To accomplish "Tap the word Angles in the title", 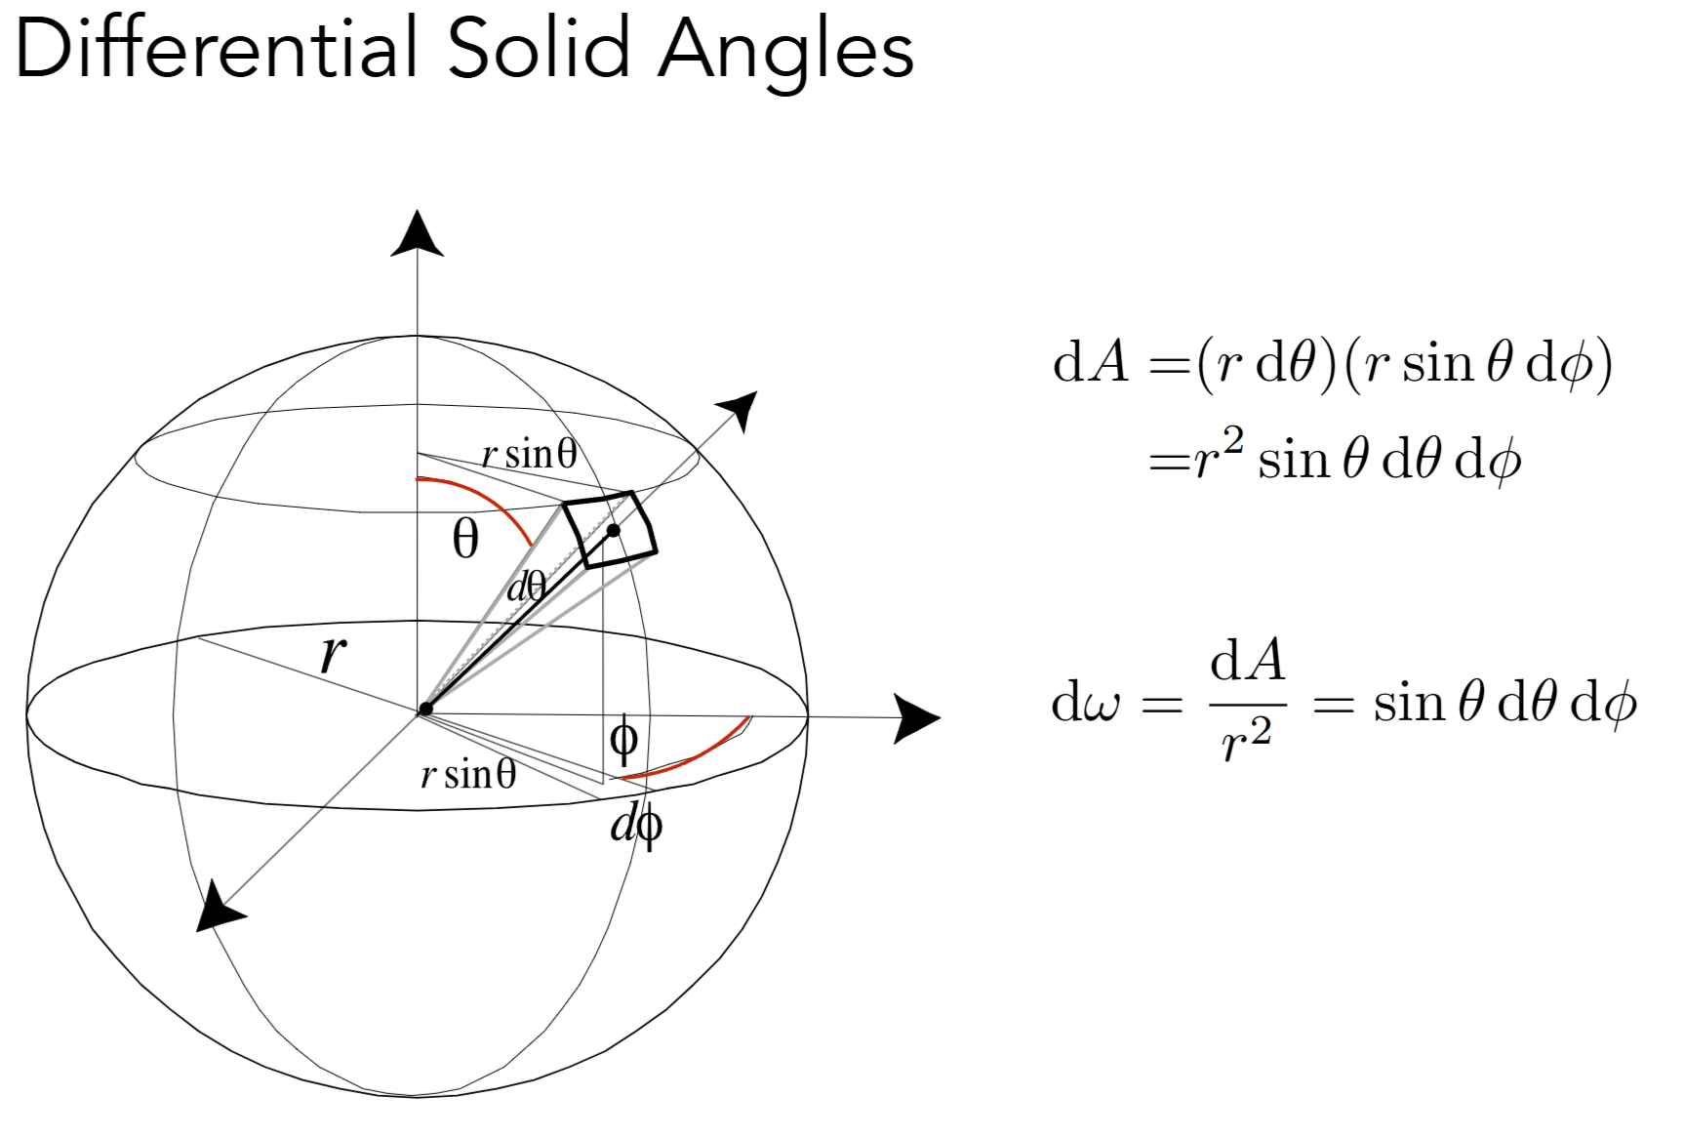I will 785,51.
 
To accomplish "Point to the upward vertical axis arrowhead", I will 417,234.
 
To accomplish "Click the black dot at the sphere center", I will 424,709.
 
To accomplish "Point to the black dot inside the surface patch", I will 614,531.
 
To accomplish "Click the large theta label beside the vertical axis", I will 465,539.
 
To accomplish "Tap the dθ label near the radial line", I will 527,588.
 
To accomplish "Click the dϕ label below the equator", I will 636,826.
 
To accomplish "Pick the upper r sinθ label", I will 529,454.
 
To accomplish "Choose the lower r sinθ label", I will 468,775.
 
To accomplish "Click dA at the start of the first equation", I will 1091,363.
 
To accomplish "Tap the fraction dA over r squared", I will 1247,701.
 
